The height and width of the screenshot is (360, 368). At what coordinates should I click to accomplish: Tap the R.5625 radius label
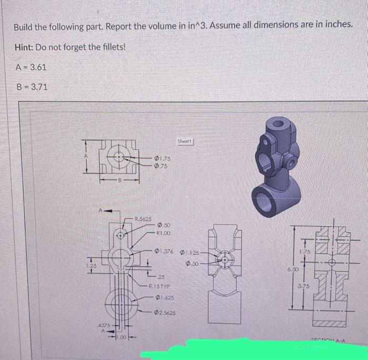(x=144, y=218)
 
